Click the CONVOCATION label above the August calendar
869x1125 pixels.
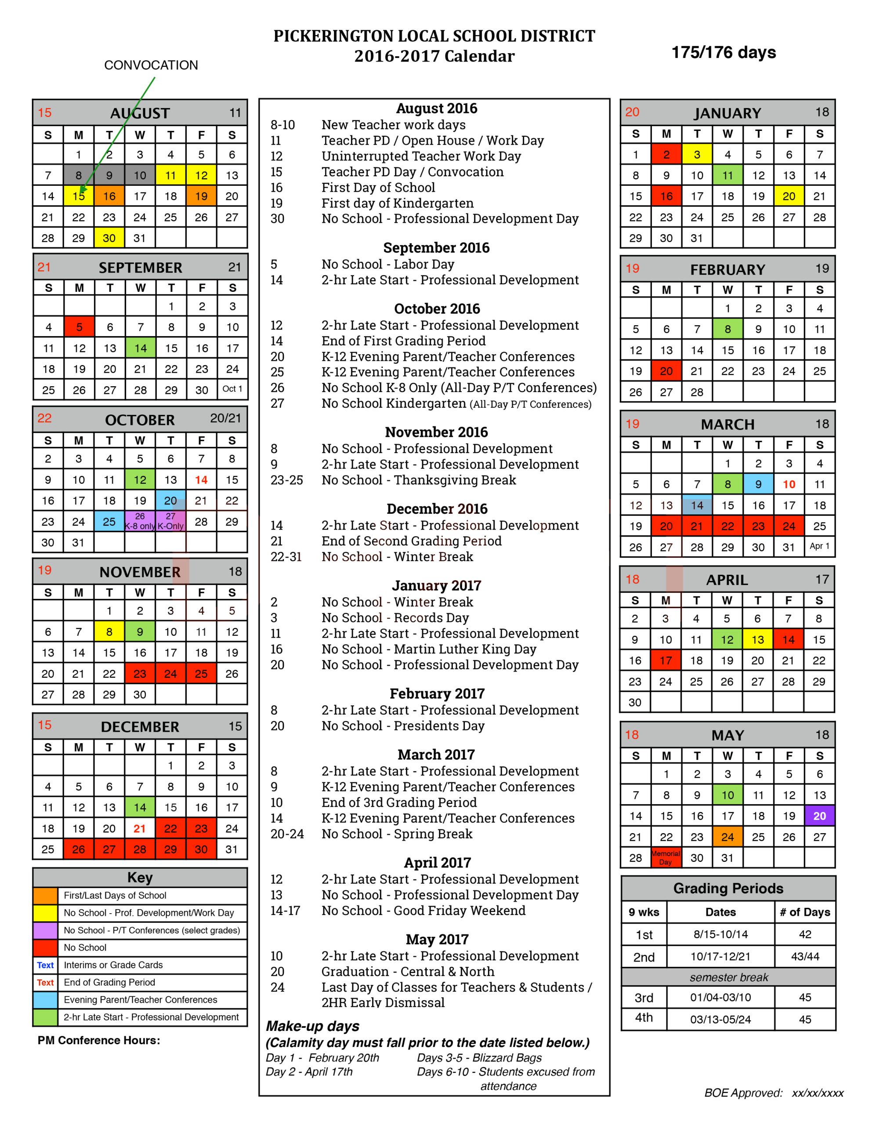pyautogui.click(x=151, y=65)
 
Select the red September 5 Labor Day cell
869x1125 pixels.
pyautogui.click(x=80, y=327)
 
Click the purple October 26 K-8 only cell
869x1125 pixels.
pyautogui.click(x=140, y=521)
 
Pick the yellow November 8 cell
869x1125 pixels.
pyautogui.click(x=109, y=631)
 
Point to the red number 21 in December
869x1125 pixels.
pyautogui.click(x=140, y=828)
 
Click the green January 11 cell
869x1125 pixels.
pyautogui.click(x=728, y=175)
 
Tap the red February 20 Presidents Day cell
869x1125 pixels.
pyautogui.click(x=666, y=371)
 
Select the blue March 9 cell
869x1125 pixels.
pyautogui.click(x=758, y=484)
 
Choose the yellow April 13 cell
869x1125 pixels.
pyautogui.click(x=758, y=640)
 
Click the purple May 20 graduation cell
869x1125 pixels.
pyautogui.click(x=819, y=816)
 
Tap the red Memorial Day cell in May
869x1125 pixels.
pyautogui.click(x=666, y=858)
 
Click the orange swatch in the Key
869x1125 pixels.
pyautogui.click(x=45, y=896)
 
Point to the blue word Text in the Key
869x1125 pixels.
pyautogui.click(x=45, y=965)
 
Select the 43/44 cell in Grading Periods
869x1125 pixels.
pyautogui.click(x=805, y=957)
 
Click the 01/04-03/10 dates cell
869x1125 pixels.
pyautogui.click(x=720, y=998)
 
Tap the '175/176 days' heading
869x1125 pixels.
pyautogui.click(x=724, y=53)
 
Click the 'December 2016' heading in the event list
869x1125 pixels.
pyautogui.click(x=437, y=509)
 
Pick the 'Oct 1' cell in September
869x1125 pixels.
pyautogui.click(x=232, y=389)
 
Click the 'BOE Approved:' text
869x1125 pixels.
pyautogui.click(x=743, y=1093)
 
